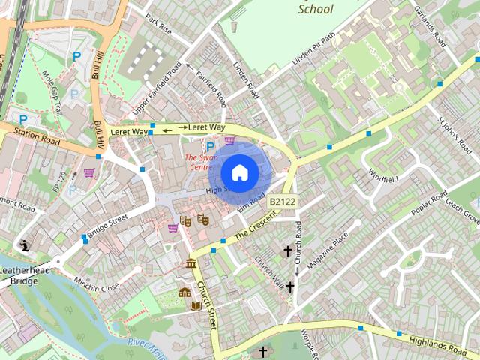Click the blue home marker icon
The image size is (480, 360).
click(x=239, y=172)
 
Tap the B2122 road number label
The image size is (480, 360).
click(x=283, y=202)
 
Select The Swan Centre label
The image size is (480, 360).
click(x=201, y=163)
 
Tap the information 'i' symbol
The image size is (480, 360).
click(x=25, y=245)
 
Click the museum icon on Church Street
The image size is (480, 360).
click(x=190, y=263)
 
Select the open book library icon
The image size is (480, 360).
click(x=196, y=305)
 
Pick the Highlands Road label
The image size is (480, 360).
click(x=438, y=344)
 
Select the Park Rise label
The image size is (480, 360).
click(x=158, y=25)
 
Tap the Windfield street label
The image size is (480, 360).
click(x=383, y=177)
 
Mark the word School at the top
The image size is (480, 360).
click(x=316, y=10)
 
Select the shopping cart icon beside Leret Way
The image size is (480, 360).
click(x=229, y=139)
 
